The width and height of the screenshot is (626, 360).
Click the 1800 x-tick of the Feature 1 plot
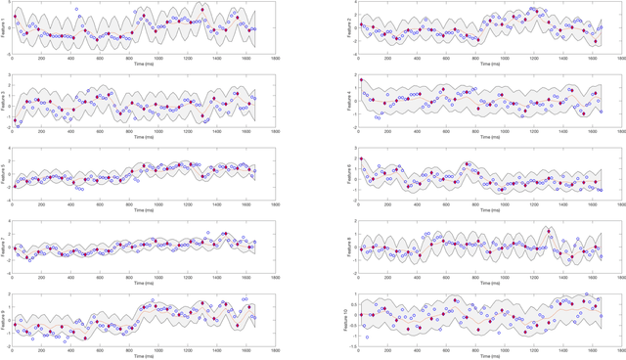point(276,58)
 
